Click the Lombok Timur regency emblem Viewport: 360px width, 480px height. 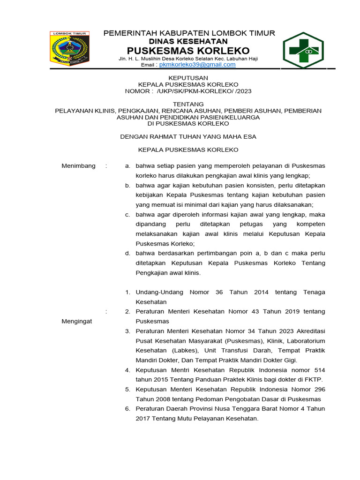tap(69, 48)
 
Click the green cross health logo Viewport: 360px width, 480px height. tap(306, 51)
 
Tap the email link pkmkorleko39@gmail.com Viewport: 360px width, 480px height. tap(197, 65)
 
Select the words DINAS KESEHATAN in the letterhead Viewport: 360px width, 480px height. tap(188, 41)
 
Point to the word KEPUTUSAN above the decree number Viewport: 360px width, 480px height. tap(188, 78)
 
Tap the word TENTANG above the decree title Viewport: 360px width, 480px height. tap(188, 104)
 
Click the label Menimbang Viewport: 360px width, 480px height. tap(79, 166)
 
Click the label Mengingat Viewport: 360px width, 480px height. tap(77, 321)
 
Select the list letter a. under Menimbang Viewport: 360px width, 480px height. tap(127, 166)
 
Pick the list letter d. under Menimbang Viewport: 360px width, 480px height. tap(127, 253)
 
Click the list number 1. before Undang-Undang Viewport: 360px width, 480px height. tap(127, 292)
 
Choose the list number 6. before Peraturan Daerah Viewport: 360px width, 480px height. tap(127, 409)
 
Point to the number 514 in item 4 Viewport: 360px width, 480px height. tap(320, 370)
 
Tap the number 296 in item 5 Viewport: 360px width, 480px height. tap(320, 389)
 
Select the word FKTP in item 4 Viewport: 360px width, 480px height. tap(314, 379)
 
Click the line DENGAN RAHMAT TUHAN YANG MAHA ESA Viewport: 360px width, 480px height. tap(188, 136)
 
